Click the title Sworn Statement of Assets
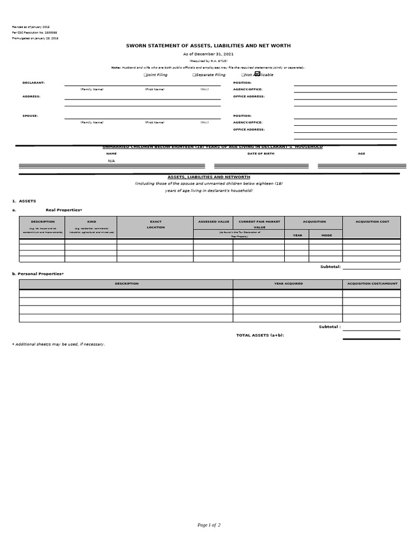coord(208,47)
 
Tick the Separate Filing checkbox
coord(194,75)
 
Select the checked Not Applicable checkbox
coord(257,74)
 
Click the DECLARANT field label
coord(34,83)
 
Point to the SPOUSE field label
coord(30,116)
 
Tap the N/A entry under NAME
coord(111,161)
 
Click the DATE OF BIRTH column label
coord(261,154)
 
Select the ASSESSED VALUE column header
coord(213,221)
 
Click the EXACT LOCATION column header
coord(156,224)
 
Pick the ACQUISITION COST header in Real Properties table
coord(372,221)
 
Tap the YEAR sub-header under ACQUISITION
coord(297,235)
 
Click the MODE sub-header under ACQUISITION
coord(326,235)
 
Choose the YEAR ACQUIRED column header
coord(288,284)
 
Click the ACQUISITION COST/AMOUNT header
coord(372,284)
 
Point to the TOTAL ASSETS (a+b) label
coord(260,335)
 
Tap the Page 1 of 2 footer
coord(209,525)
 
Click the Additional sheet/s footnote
coord(58,344)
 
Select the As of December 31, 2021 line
coord(208,55)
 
